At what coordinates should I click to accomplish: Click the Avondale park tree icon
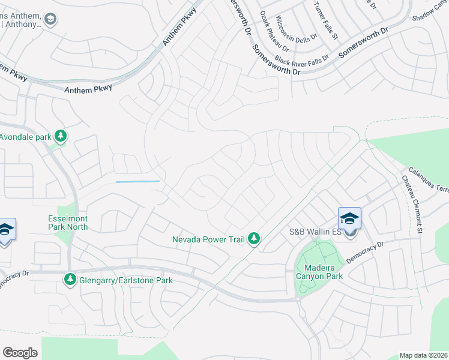pyautogui.click(x=60, y=136)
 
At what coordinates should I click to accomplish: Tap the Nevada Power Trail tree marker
pyautogui.click(x=255, y=239)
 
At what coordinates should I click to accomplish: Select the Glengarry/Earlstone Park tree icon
pyautogui.click(x=70, y=280)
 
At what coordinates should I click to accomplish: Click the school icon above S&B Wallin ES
pyautogui.click(x=349, y=219)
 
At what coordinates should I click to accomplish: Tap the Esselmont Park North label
pyautogui.click(x=68, y=223)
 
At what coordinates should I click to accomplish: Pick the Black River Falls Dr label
pyautogui.click(x=302, y=59)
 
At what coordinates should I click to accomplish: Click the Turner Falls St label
pyautogui.click(x=325, y=20)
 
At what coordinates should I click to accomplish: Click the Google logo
pyautogui.click(x=20, y=353)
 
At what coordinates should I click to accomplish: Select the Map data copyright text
pyautogui.click(x=424, y=355)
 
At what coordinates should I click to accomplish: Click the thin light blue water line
pyautogui.click(x=137, y=181)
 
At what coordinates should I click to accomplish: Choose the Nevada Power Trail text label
pyautogui.click(x=208, y=239)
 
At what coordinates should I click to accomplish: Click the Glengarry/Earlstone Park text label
pyautogui.click(x=127, y=280)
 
